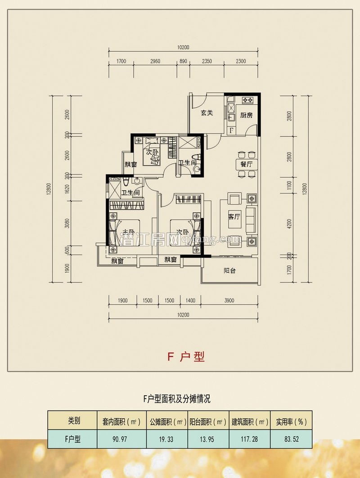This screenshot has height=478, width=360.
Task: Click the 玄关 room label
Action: tap(207, 113)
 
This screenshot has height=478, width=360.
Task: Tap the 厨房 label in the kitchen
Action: tap(246, 115)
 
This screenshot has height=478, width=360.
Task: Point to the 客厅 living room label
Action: tap(234, 217)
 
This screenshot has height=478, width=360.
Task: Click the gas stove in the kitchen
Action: tap(247, 100)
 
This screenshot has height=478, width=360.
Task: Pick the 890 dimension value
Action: tap(183, 61)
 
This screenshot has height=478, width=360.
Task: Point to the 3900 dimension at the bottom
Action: tap(229, 300)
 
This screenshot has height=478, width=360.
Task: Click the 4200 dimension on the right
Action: tap(290, 223)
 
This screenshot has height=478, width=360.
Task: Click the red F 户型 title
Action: tap(186, 357)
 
